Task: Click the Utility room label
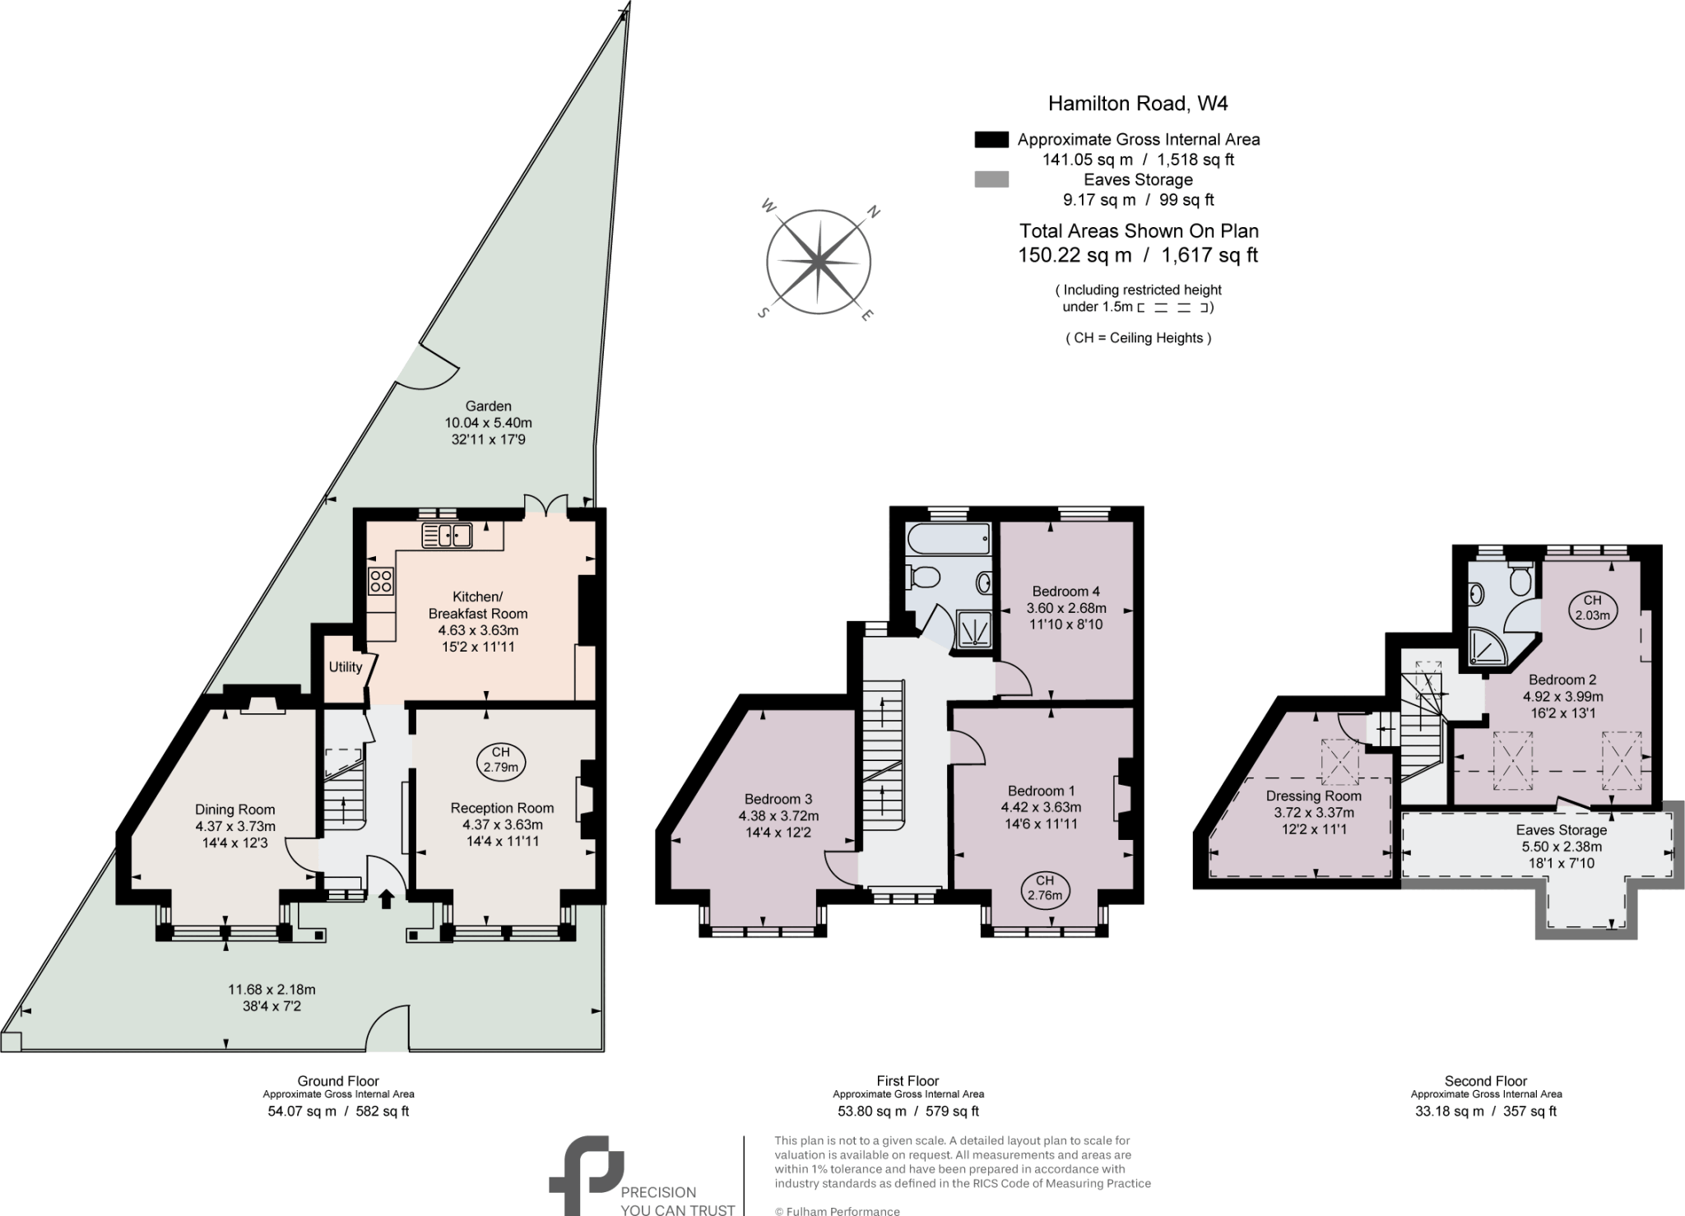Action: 345,667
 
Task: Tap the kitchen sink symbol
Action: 447,536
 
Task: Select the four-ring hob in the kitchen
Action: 381,582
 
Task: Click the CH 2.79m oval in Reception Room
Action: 501,759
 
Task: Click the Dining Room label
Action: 235,810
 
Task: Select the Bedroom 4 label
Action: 1066,592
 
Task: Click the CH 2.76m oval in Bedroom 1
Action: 1045,888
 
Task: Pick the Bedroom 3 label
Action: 778,799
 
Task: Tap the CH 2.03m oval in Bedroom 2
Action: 1592,607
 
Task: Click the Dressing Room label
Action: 1314,796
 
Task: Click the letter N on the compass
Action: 874,212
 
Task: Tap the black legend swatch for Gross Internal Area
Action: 991,139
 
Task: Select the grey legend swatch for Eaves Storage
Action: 991,179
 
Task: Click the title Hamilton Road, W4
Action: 1138,104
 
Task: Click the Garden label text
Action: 489,406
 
